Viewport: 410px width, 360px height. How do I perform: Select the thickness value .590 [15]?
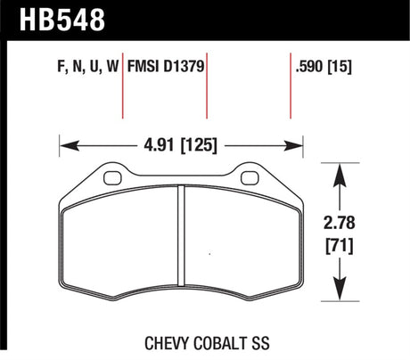point(323,65)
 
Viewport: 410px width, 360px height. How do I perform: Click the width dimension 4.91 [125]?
point(178,142)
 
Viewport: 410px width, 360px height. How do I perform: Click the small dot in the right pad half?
point(209,255)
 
